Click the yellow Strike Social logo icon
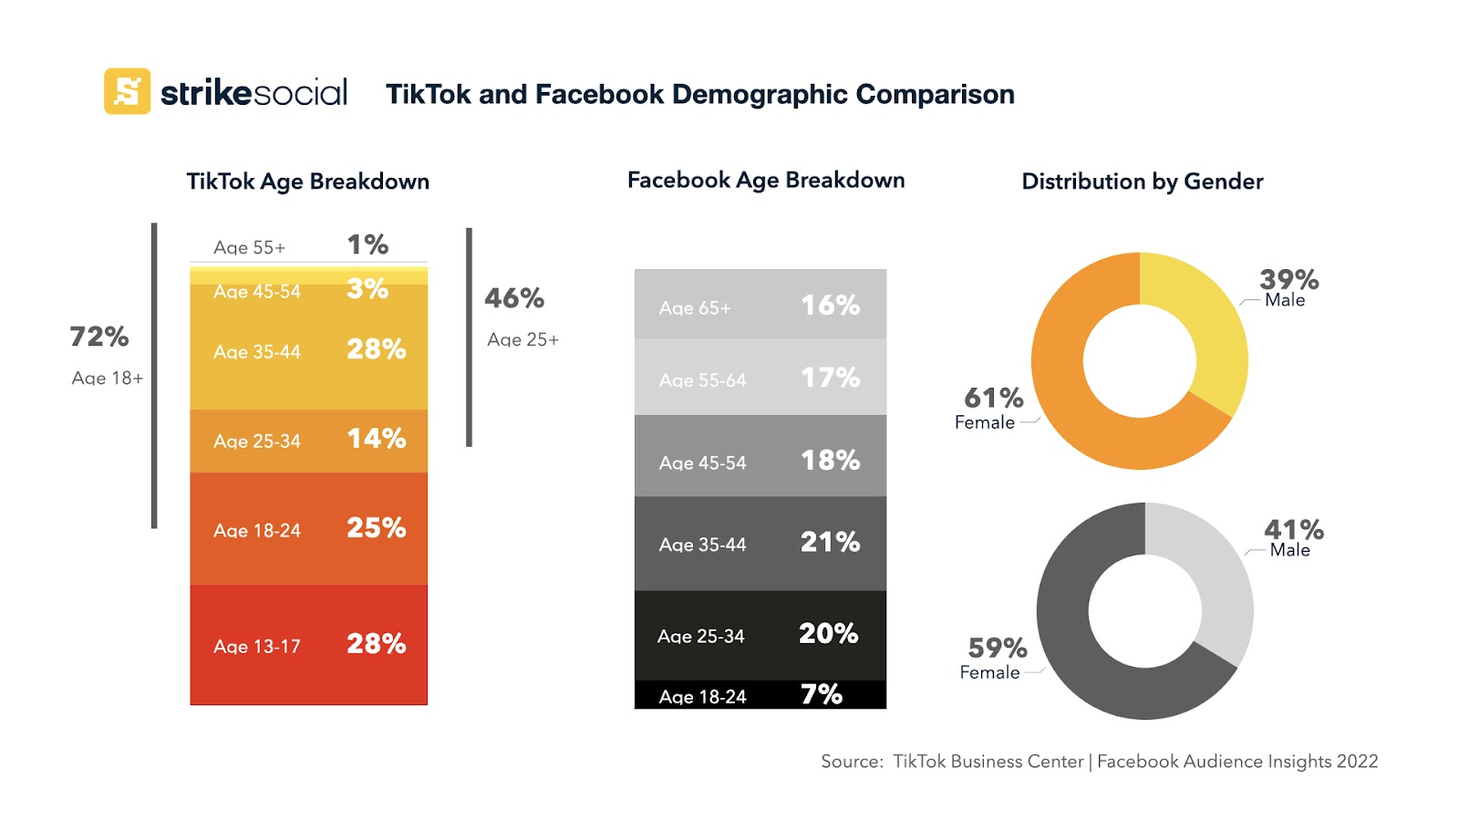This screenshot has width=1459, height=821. (x=127, y=91)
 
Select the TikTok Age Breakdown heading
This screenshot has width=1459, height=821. (x=307, y=182)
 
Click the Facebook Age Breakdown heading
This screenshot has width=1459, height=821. (x=766, y=181)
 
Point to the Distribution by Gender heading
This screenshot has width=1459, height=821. (x=1142, y=182)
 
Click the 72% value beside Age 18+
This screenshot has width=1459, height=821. (x=99, y=337)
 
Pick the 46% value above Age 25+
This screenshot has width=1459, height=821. (x=514, y=298)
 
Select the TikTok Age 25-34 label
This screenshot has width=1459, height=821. (x=256, y=442)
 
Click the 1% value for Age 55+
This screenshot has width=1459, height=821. (x=367, y=244)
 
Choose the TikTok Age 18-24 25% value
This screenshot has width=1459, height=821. (x=376, y=528)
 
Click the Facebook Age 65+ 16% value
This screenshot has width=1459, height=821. (x=830, y=306)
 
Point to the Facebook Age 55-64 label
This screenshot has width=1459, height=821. (x=702, y=380)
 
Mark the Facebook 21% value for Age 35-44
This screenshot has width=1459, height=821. (x=830, y=543)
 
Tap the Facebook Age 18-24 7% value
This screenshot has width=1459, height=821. (x=821, y=695)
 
